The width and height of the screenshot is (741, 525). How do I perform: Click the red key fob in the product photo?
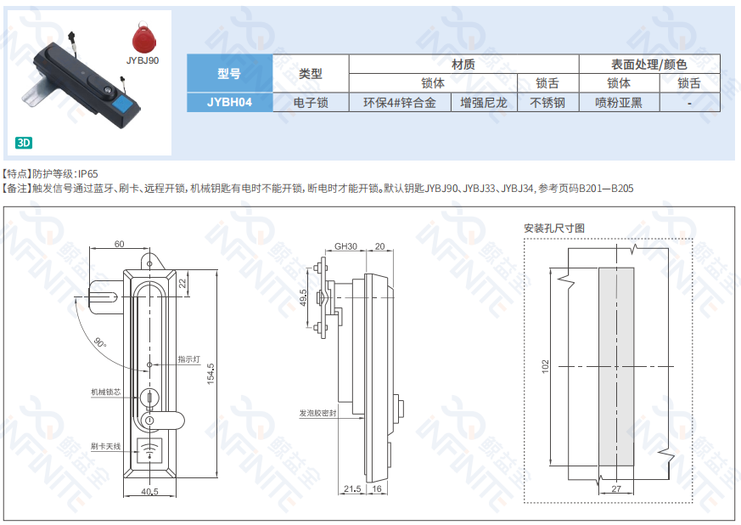click(143, 38)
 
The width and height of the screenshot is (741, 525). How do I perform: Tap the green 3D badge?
click(24, 143)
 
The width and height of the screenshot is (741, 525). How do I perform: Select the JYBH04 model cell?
click(230, 102)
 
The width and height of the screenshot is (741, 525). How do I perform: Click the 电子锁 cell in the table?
click(311, 103)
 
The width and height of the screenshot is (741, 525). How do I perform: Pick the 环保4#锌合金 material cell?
click(400, 103)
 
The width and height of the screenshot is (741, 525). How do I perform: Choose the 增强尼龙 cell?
click(484, 103)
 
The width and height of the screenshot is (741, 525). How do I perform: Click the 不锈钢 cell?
click(547, 103)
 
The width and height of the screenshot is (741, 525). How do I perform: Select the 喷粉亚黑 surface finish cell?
click(619, 103)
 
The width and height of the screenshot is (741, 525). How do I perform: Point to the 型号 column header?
click(230, 73)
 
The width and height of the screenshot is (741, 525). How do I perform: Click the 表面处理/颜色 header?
click(649, 64)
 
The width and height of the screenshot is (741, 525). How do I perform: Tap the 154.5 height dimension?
click(211, 374)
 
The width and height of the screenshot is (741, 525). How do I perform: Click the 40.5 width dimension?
click(149, 491)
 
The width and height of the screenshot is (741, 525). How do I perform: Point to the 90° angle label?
click(100, 342)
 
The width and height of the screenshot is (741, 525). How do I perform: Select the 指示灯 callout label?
click(188, 359)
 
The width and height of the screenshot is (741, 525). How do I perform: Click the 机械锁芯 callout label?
click(105, 392)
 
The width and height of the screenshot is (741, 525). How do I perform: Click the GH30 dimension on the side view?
click(346, 246)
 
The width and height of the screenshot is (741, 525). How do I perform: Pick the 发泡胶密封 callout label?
click(317, 413)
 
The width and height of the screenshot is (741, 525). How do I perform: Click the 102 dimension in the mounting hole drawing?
click(546, 366)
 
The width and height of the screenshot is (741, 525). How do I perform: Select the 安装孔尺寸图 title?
click(554, 229)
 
